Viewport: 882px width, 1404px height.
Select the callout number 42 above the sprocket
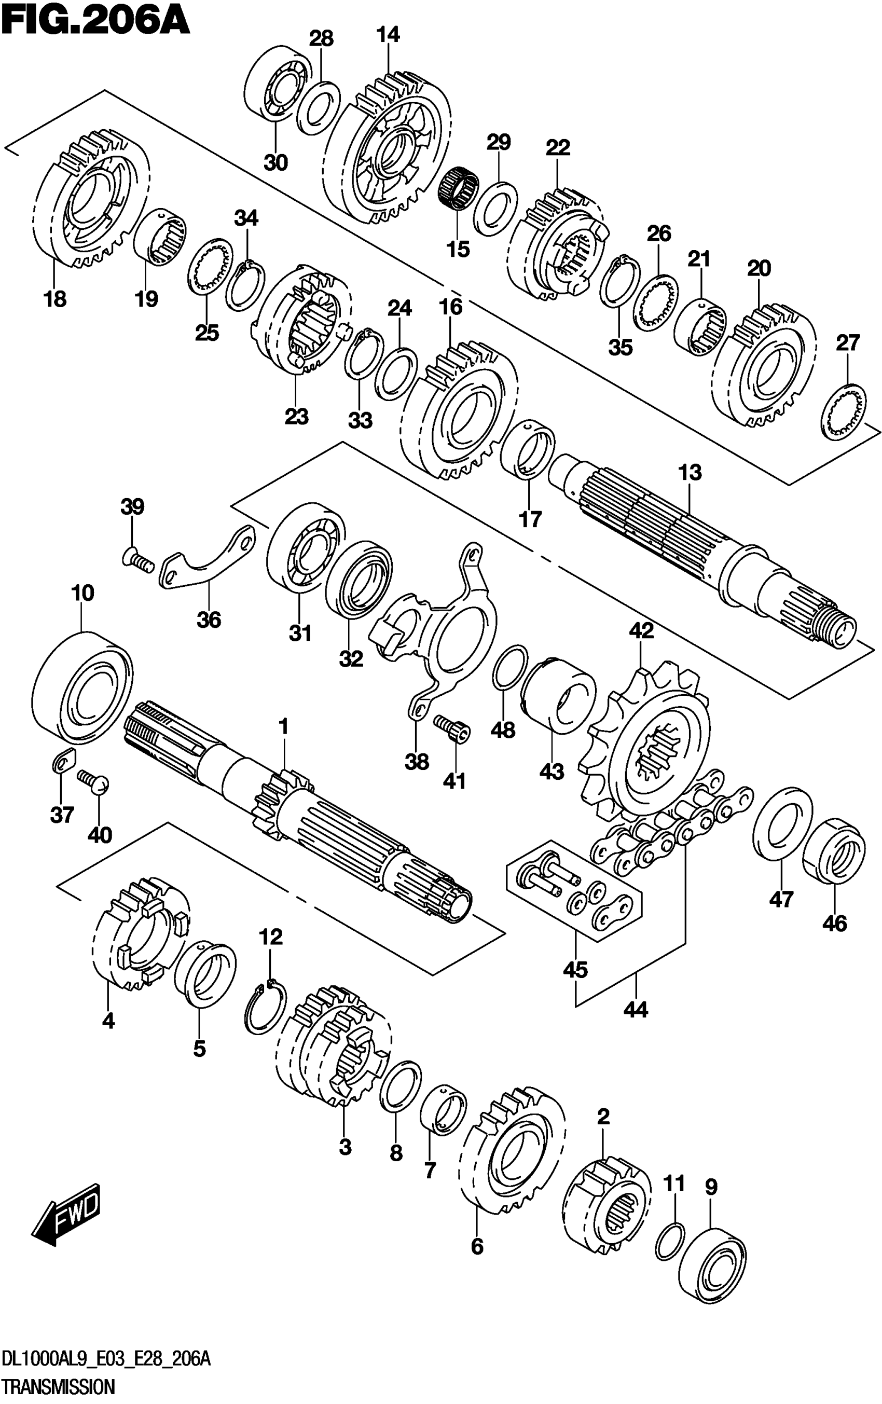coord(641,631)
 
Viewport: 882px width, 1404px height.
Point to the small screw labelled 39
coord(137,560)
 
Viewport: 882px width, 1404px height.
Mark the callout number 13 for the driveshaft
coord(690,472)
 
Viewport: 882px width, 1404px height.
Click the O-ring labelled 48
coord(511,667)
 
